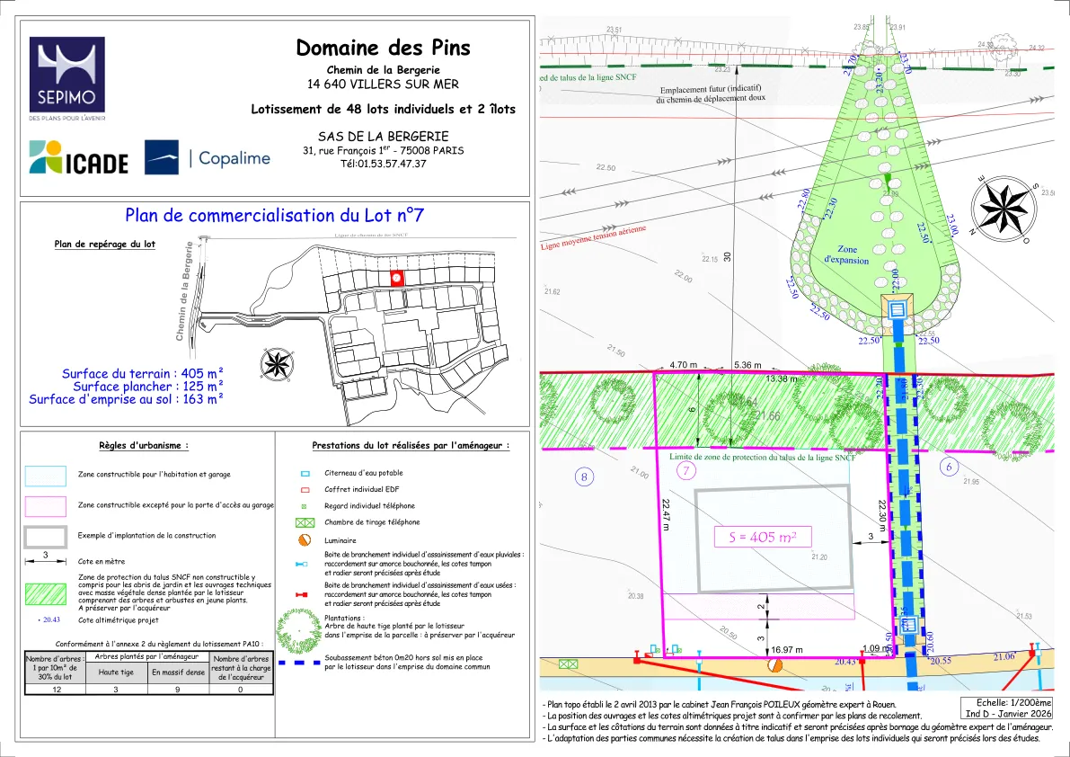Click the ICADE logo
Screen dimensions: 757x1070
coord(79,157)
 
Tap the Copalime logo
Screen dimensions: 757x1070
coord(208,157)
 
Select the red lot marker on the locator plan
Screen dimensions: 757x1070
coord(396,279)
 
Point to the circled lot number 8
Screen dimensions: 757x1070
coord(585,477)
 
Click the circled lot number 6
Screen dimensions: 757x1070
coord(950,466)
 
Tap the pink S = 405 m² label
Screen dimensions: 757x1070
coord(762,538)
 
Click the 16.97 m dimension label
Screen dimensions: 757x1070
coord(786,649)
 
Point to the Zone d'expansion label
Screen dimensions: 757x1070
coord(846,254)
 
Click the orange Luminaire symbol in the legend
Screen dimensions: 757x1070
coord(305,540)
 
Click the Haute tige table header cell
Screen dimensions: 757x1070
coord(116,672)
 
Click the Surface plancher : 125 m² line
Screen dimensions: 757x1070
coord(126,387)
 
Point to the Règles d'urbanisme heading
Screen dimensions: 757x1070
coord(144,445)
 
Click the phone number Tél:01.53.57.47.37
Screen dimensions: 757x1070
coord(383,164)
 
